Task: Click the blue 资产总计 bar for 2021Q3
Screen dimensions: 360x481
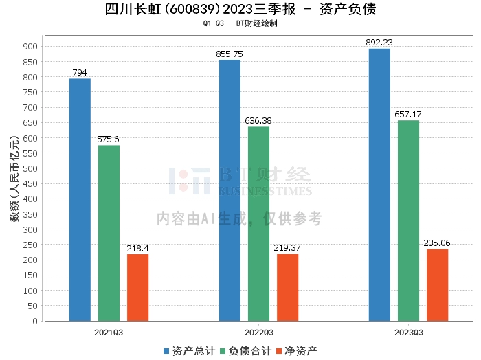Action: click(80, 199)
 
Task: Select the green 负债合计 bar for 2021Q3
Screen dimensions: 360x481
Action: click(109, 233)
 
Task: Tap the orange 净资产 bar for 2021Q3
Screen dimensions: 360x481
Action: click(137, 287)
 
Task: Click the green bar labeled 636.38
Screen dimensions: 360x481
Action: click(258, 223)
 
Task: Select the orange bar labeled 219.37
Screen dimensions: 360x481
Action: click(287, 287)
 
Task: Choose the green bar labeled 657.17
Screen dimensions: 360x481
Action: click(408, 221)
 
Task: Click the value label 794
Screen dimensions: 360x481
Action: click(80, 73)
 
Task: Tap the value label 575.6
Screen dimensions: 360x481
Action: click(109, 139)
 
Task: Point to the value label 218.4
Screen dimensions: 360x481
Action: click(137, 248)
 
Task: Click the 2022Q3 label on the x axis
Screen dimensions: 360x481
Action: click(258, 333)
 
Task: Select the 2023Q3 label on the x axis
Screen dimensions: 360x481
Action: click(408, 333)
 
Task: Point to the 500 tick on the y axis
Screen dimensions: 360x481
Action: click(30, 168)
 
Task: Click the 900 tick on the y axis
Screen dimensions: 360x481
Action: click(30, 46)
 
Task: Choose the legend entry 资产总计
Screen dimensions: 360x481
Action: click(187, 351)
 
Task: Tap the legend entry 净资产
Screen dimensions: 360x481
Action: click(297, 351)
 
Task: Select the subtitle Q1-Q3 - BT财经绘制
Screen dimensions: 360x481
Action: click(240, 23)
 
